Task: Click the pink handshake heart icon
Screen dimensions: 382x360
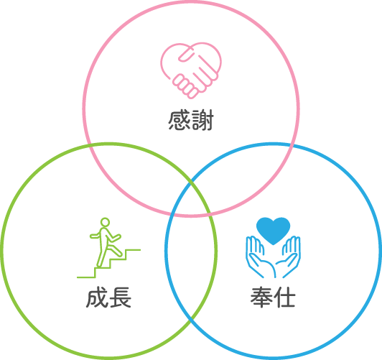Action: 191,70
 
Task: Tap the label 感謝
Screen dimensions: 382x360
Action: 191,120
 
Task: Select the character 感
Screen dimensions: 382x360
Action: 179,120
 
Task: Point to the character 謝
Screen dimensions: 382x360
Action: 202,120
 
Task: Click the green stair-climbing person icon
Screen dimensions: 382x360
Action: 108,247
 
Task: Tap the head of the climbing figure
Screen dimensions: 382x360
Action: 105,222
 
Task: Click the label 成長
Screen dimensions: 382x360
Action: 108,297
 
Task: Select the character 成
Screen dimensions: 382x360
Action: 97,297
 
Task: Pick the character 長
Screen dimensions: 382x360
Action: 121,297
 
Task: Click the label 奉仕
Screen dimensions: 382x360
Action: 273,297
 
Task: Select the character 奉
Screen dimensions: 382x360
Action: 261,297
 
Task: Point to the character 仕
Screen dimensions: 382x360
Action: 285,297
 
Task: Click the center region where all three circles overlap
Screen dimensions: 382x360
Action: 191,200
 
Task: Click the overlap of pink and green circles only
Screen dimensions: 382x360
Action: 136,170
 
